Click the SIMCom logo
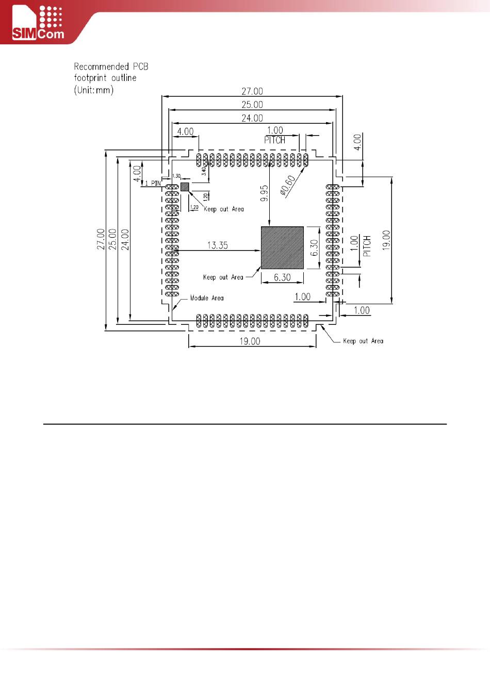(38, 23)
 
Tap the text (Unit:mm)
(93, 90)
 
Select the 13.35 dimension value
(218, 245)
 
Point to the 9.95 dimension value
(265, 194)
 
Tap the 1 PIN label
(153, 183)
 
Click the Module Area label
(206, 298)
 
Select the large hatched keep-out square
(282, 247)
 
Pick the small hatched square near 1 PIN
(185, 186)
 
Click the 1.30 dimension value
(176, 176)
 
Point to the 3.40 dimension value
(204, 170)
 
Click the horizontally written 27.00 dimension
(252, 91)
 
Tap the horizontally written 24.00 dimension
(252, 118)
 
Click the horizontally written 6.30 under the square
(282, 277)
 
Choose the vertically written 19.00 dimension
(387, 240)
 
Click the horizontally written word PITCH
(274, 140)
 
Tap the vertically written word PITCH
(367, 246)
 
